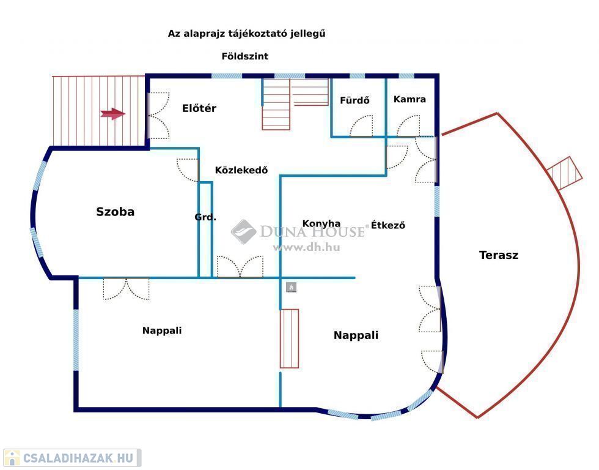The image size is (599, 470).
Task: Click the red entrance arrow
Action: tap(113, 113)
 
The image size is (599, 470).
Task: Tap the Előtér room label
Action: tap(199, 108)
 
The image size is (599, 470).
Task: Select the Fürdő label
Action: tap(355, 101)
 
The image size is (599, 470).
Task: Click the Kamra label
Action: tap(410, 99)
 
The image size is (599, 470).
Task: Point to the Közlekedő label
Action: tap(241, 171)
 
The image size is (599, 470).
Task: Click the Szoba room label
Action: tap(115, 212)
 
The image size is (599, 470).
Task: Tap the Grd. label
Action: tap(205, 217)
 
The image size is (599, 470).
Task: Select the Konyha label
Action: tap(322, 223)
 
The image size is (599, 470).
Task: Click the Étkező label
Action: tap(388, 225)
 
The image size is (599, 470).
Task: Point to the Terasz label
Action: tap(499, 255)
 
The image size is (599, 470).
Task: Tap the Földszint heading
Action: tap(245, 56)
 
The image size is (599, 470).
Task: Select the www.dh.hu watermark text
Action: tap(306, 247)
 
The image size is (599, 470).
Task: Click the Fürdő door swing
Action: tap(362, 127)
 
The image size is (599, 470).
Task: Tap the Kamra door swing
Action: tap(408, 127)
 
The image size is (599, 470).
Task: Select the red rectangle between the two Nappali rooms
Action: tap(289, 338)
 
